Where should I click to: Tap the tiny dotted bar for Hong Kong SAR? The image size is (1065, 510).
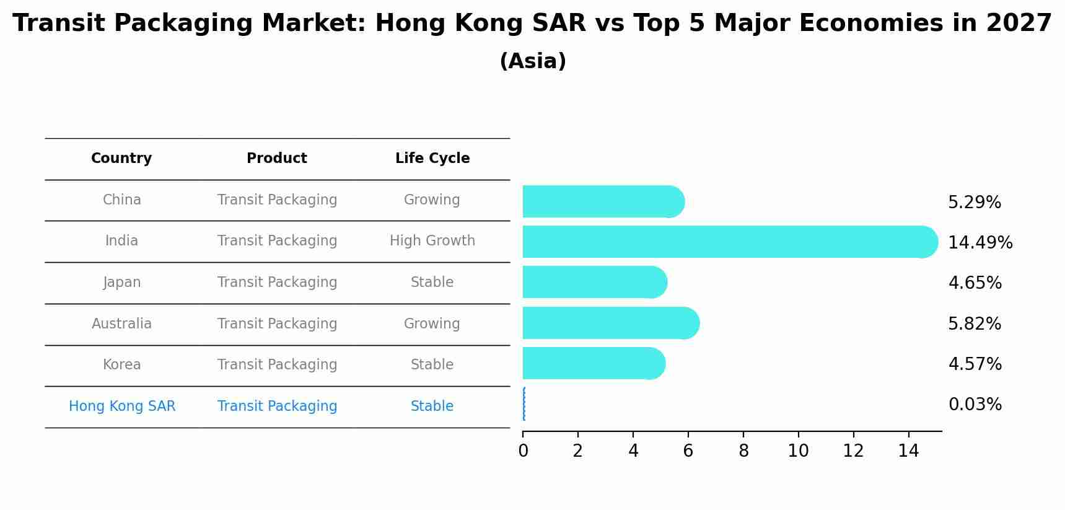click(524, 404)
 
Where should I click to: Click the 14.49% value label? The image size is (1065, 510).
click(980, 242)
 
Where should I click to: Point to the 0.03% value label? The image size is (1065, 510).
click(975, 405)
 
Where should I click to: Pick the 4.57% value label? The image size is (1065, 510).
click(975, 364)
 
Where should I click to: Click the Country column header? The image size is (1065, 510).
click(121, 159)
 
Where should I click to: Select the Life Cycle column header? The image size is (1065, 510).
click(432, 159)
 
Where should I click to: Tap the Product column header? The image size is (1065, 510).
click(277, 159)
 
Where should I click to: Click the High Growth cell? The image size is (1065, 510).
click(432, 241)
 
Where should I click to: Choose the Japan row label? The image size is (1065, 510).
click(122, 283)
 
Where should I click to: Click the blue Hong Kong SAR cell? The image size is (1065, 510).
click(122, 407)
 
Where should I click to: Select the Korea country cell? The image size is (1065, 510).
click(122, 365)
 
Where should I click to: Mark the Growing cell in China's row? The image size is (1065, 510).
click(432, 200)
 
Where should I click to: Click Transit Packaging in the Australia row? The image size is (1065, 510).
click(277, 324)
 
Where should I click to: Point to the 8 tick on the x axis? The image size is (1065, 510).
click(743, 451)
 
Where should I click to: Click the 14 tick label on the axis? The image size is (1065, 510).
click(908, 451)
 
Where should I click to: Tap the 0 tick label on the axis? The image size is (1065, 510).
click(523, 451)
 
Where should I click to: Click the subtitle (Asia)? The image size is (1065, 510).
click(532, 61)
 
